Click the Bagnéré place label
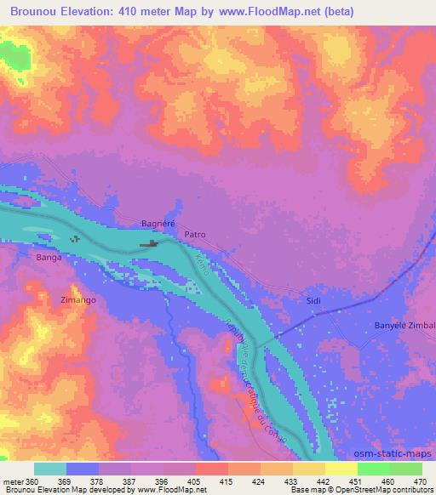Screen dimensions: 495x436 point(157,224)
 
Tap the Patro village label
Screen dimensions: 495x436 point(195,233)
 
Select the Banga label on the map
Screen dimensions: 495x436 point(49,256)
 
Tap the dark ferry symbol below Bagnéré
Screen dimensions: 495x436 point(149,245)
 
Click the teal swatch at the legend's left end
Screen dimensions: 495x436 point(50,469)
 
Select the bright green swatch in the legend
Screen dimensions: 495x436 point(373,469)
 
